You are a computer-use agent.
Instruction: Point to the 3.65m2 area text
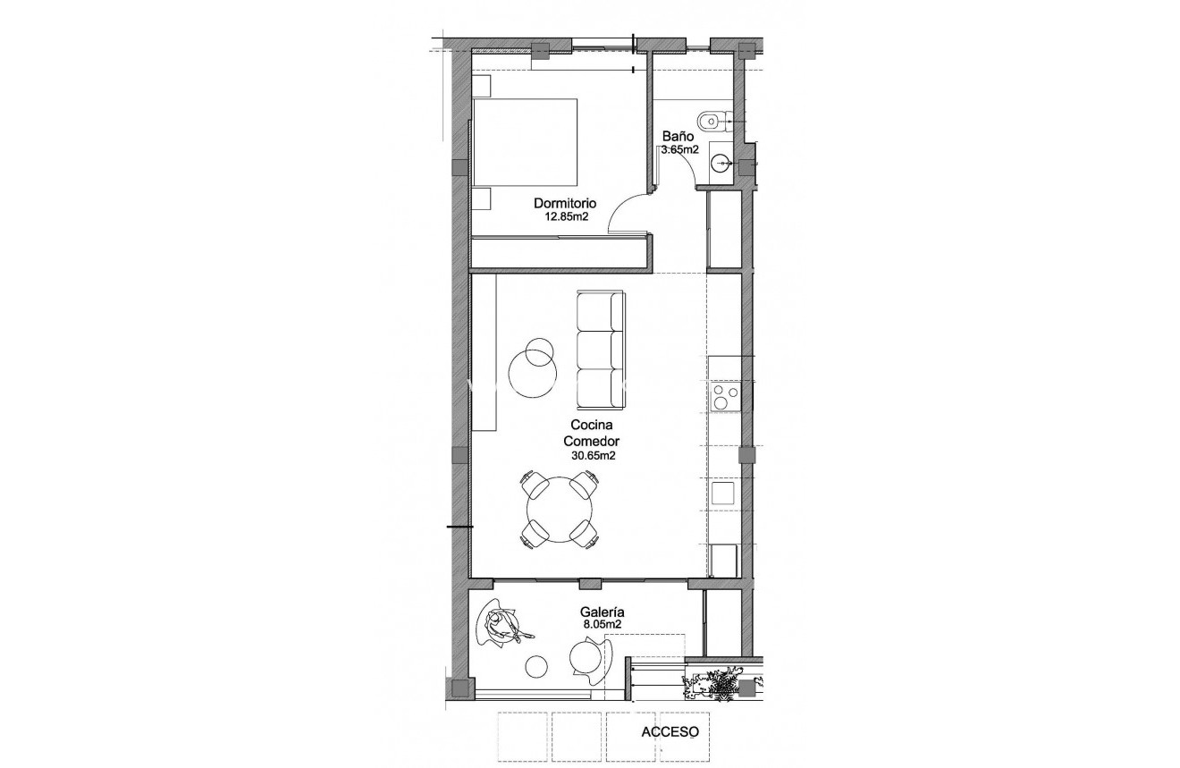point(679,149)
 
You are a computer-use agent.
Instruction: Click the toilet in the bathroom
point(713,119)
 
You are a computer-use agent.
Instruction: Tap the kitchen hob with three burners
point(723,397)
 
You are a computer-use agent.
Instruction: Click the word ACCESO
point(670,731)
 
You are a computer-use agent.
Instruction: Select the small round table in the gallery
point(536,666)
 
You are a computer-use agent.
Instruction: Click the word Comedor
point(591,441)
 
